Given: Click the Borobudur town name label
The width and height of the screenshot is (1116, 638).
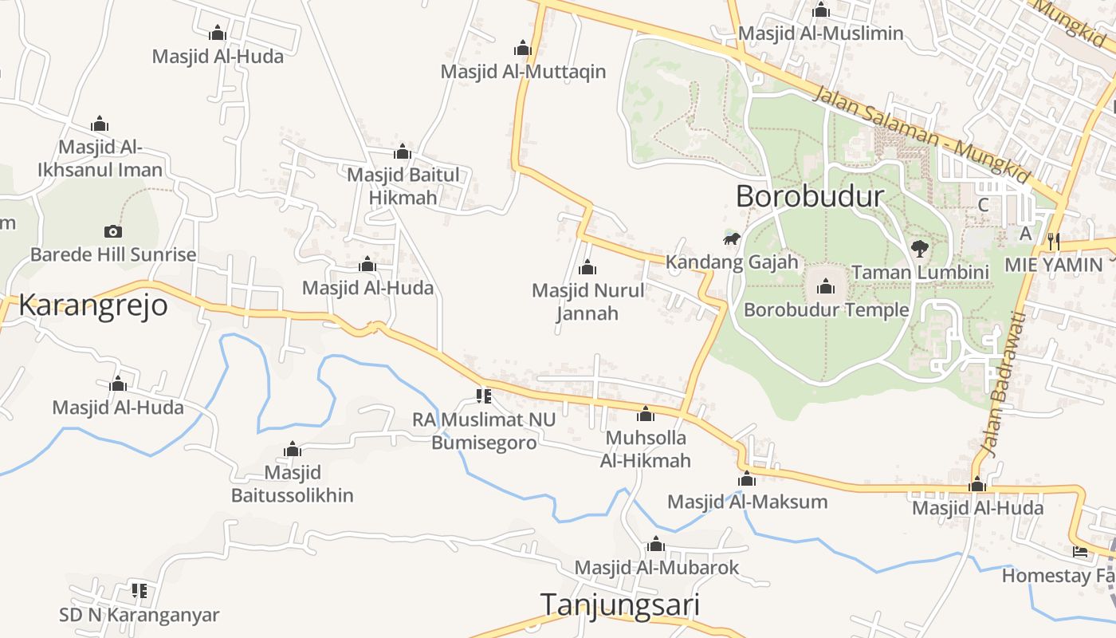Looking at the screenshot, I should (809, 196).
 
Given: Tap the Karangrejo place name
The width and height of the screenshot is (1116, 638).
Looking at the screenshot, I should (93, 305).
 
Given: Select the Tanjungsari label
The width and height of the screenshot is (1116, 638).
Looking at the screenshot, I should (620, 605).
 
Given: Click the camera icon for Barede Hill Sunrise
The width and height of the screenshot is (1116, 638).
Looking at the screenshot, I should (113, 232).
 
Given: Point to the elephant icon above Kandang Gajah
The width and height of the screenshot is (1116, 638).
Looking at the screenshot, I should (732, 239).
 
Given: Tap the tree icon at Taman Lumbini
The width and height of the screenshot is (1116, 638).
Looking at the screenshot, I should (920, 249).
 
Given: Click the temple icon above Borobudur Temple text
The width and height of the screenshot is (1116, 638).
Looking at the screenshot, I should (826, 286).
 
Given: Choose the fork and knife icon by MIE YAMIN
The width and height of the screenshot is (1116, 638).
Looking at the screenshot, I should (1053, 239).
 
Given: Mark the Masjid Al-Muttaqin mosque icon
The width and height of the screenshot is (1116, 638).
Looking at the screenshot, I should (523, 49).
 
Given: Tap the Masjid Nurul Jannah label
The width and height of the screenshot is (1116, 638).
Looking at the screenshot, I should (587, 301).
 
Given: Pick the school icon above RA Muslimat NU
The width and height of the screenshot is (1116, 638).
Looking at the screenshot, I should (483, 396).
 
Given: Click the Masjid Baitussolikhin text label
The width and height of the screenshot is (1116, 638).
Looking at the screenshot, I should (292, 484).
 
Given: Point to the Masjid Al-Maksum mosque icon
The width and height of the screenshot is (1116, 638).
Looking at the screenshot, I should (747, 479).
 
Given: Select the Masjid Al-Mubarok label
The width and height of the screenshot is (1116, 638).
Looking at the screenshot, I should (657, 568).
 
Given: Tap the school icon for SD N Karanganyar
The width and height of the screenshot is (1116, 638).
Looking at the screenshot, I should (139, 591).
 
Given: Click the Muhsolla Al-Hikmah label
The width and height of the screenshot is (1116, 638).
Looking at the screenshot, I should (646, 449).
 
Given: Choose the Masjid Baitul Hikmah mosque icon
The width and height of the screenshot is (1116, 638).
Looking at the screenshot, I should (403, 152).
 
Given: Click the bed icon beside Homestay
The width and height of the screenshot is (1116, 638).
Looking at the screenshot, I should (1080, 551).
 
